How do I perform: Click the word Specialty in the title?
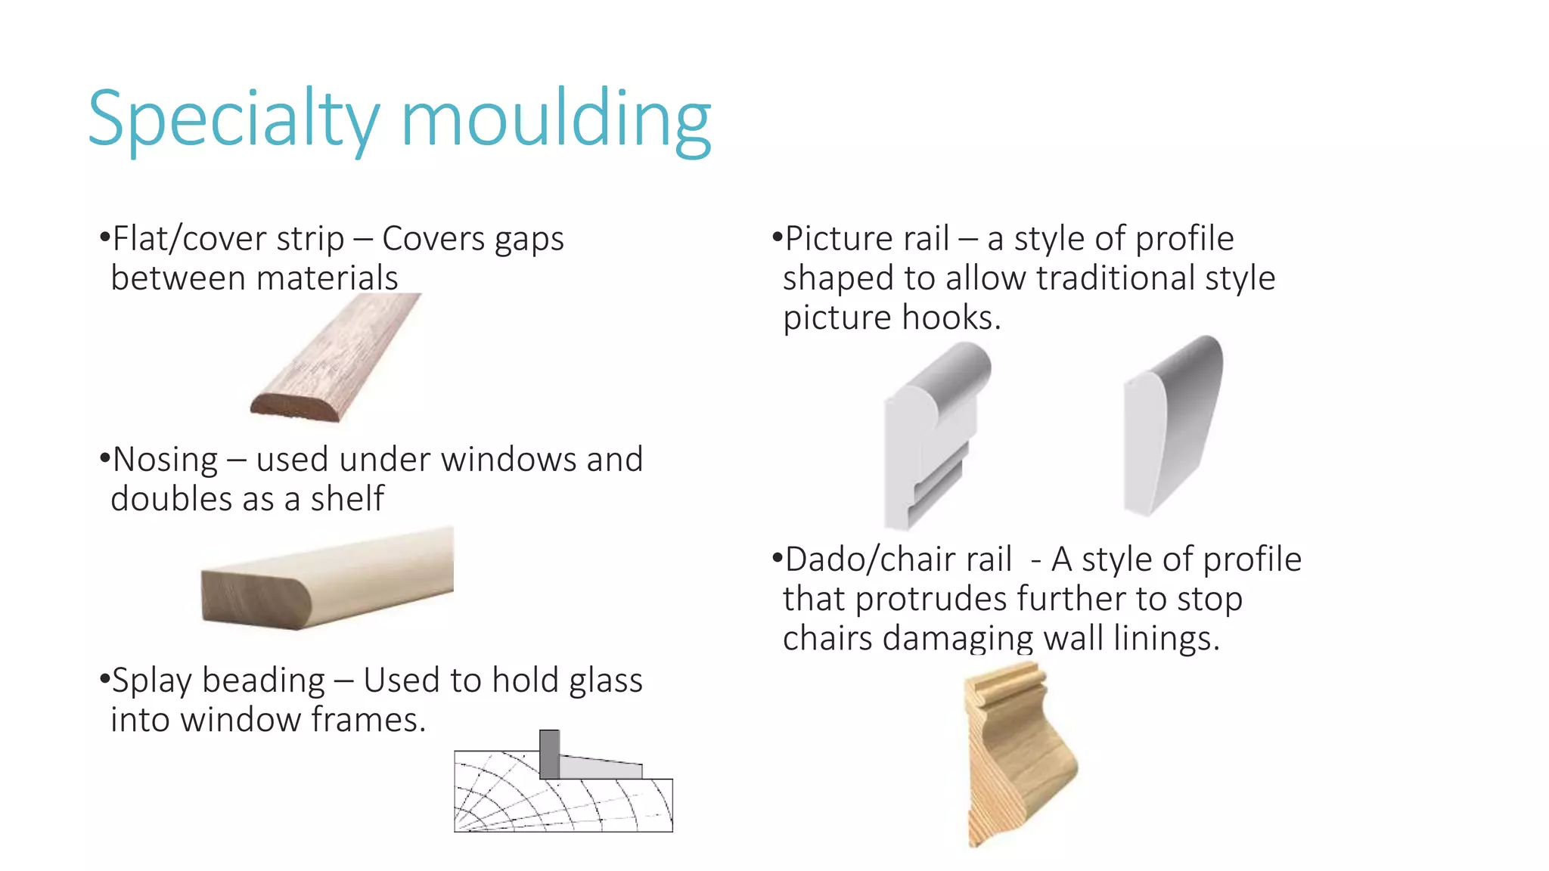pyautogui.click(x=233, y=119)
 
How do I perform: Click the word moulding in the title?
pyautogui.click(x=556, y=119)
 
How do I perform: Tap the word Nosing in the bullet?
pyautogui.click(x=165, y=460)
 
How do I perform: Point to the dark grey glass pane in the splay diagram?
pyautogui.click(x=549, y=755)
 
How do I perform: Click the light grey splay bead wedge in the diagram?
pyautogui.click(x=598, y=768)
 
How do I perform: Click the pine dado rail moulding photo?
pyautogui.click(x=1017, y=752)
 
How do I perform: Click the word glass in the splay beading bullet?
pyautogui.click(x=606, y=680)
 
